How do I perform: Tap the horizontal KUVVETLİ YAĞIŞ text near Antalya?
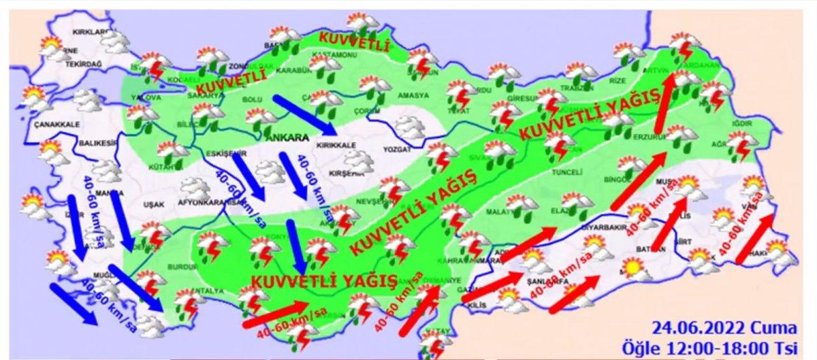(x=323, y=280)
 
